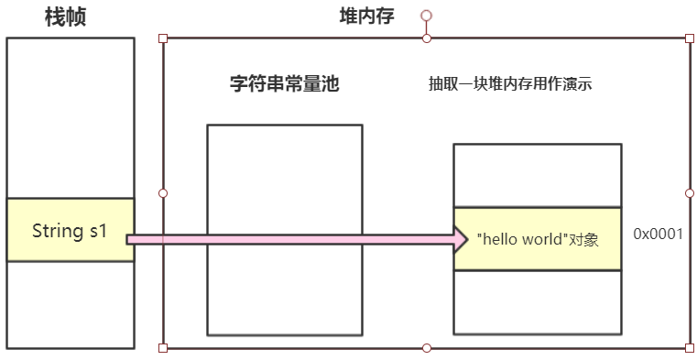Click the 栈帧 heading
point(65,16)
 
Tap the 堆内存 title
point(365,16)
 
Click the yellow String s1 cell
point(70,230)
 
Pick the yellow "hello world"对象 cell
point(538,239)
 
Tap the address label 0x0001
point(658,234)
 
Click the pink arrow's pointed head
point(462,240)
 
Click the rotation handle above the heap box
point(426,16)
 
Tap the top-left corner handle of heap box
point(163,38)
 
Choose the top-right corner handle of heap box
point(689,38)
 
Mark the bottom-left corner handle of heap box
point(163,348)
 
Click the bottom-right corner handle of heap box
point(689,348)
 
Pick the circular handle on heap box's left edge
point(163,193)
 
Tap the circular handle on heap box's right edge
point(689,193)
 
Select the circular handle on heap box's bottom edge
point(426,348)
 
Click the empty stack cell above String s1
point(70,117)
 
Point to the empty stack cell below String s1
point(70,304)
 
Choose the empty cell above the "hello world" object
point(538,175)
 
